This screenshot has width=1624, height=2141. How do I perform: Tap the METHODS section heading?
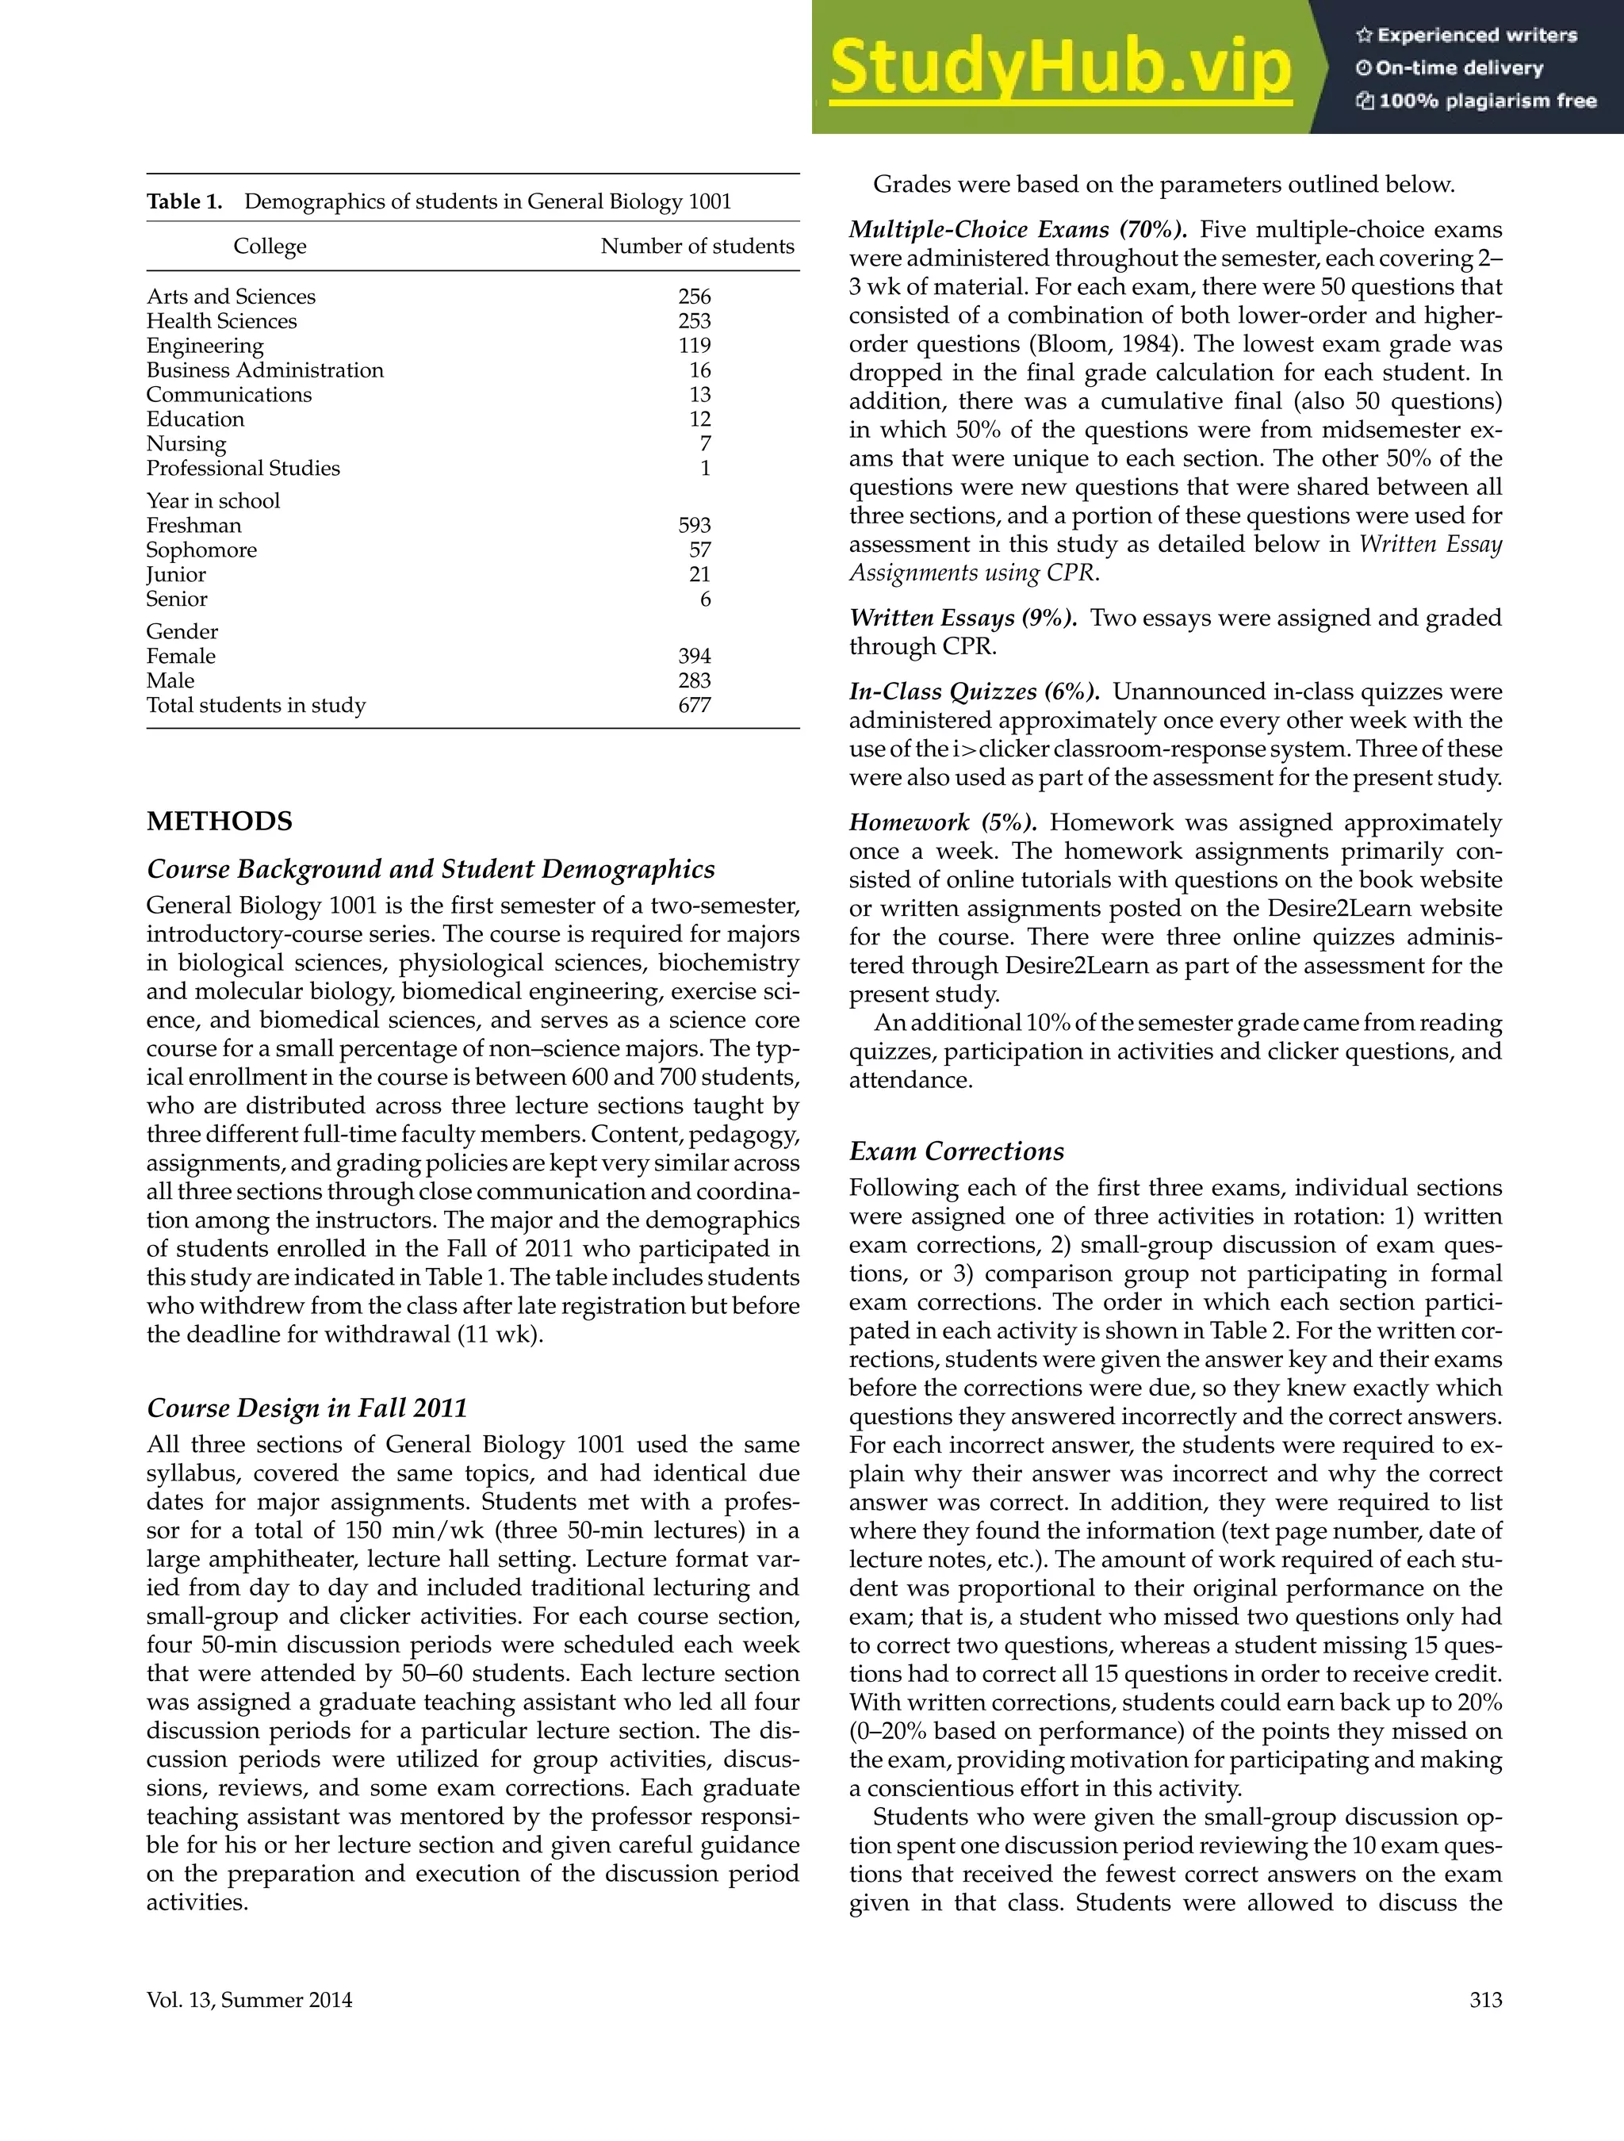(x=219, y=822)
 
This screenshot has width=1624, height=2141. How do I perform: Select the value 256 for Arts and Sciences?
(x=694, y=297)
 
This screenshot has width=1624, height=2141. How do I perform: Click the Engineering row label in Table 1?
(x=205, y=346)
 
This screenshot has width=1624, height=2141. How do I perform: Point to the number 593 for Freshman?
(x=694, y=526)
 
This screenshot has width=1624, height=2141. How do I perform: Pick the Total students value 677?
(x=694, y=706)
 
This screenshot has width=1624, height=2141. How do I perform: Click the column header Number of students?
(x=697, y=246)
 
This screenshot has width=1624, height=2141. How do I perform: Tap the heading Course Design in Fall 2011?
(x=307, y=1408)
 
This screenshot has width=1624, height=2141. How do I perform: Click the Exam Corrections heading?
(x=956, y=1151)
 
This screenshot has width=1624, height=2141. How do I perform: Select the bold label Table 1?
(x=184, y=201)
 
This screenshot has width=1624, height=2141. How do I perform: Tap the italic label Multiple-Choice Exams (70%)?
(x=1018, y=229)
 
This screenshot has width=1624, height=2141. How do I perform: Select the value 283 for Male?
(x=694, y=680)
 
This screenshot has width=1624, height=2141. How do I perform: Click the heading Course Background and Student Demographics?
(x=431, y=869)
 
